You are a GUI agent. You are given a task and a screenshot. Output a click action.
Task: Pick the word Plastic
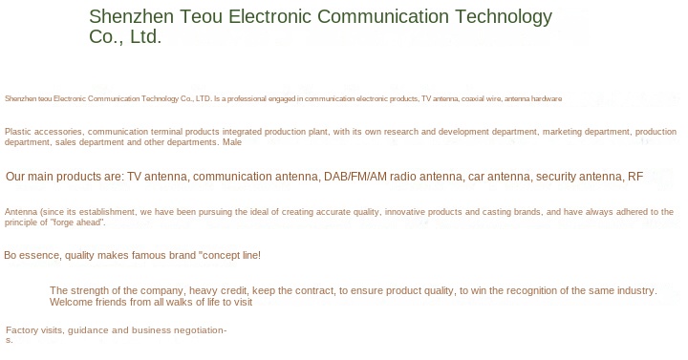click(17, 132)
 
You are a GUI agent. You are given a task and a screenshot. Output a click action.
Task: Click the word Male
click(232, 142)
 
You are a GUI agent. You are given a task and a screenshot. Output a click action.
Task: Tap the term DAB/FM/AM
click(355, 177)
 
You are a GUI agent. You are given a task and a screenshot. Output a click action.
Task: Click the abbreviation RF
click(635, 177)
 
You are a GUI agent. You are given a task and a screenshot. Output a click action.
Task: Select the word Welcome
click(66, 302)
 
